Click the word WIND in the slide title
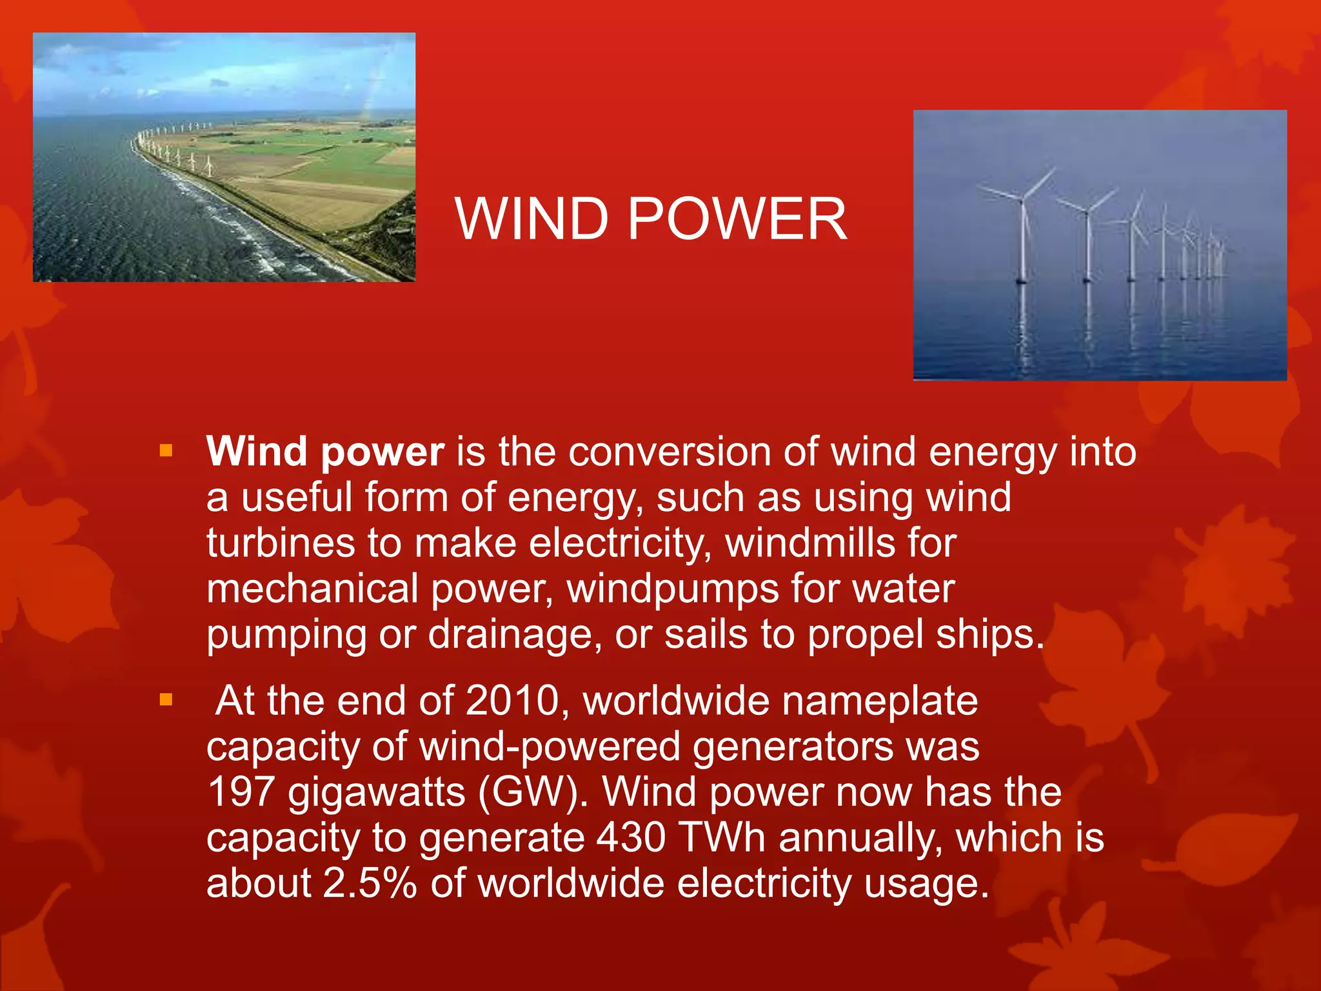tap(531, 219)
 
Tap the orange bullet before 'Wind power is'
tap(166, 450)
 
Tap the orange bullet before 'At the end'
tap(166, 699)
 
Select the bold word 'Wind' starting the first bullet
tap(256, 452)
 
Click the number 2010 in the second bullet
tap(512, 701)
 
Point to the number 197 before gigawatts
tap(241, 792)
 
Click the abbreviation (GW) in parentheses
tap(533, 792)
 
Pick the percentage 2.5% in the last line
tap(370, 884)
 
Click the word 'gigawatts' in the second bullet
tap(376, 794)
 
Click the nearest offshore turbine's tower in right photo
tap(1022, 245)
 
